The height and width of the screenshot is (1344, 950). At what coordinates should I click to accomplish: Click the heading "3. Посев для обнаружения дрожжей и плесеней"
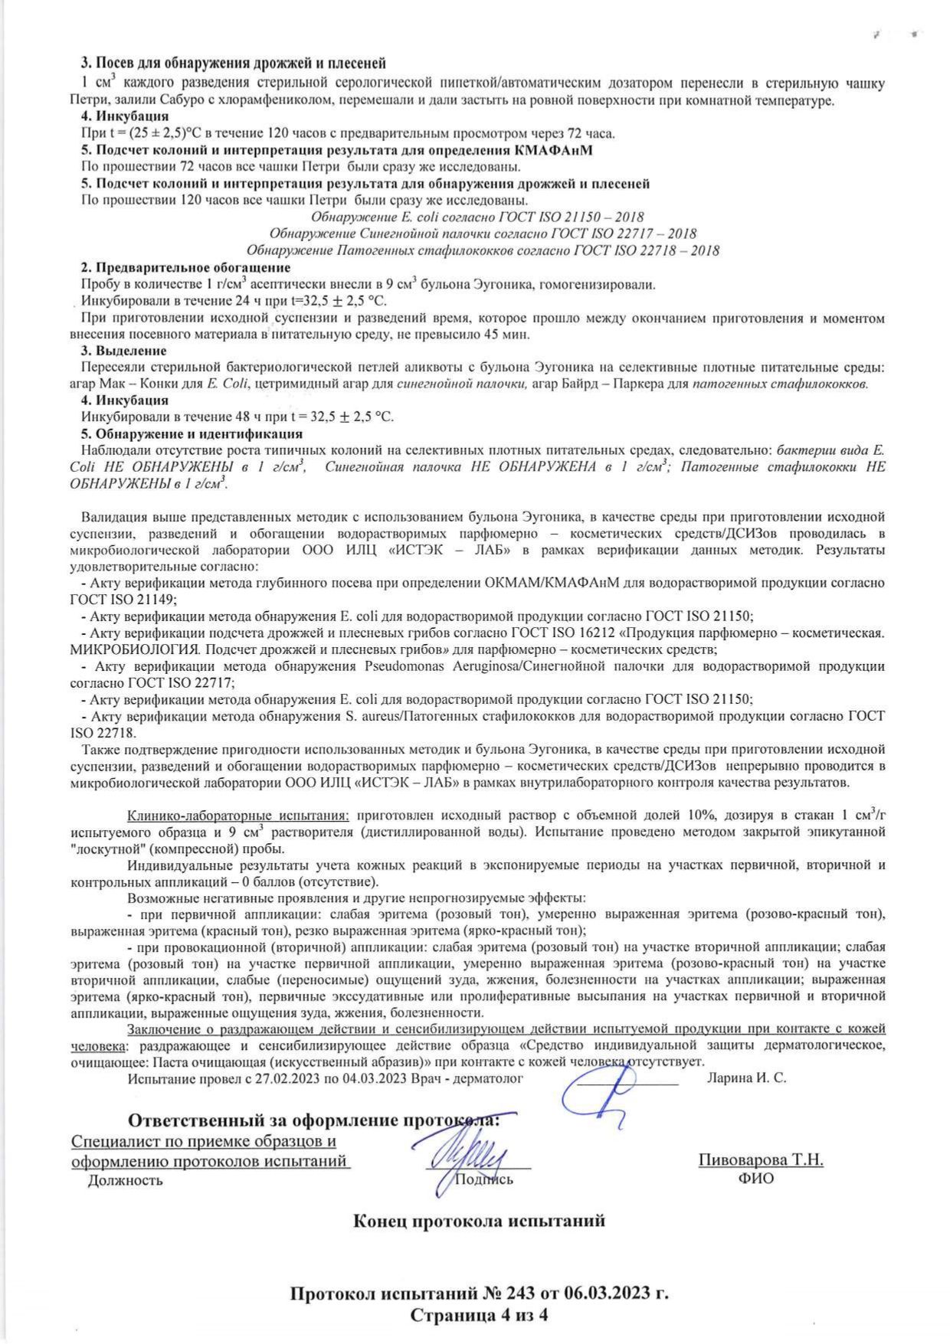[233, 63]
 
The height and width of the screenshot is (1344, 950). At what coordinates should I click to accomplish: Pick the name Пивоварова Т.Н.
[760, 1159]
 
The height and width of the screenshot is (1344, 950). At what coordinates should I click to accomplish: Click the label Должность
[125, 1179]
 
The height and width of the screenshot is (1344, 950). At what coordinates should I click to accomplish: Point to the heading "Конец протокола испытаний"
[479, 1221]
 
